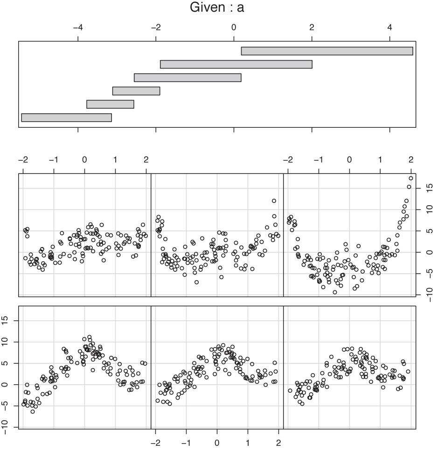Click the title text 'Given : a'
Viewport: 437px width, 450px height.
coord(218,8)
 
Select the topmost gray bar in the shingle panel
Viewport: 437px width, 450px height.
coord(326,51)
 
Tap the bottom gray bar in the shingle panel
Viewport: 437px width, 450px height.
coord(66,117)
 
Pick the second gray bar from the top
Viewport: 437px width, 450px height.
coord(236,64)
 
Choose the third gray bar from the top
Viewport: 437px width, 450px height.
coord(187,77)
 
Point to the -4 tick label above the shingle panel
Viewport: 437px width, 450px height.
coord(78,28)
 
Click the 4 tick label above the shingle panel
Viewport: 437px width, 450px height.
coord(389,28)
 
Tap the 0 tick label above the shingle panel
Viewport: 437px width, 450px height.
coord(234,28)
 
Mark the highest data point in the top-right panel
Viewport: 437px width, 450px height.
coord(411,178)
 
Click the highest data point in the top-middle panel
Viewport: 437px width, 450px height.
coord(274,201)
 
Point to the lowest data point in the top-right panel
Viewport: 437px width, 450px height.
coord(335,292)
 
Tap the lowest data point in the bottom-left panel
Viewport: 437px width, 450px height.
coord(33,411)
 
